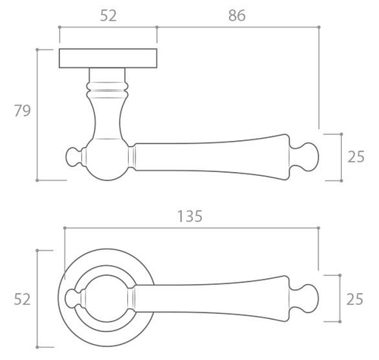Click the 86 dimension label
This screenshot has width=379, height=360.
(236, 15)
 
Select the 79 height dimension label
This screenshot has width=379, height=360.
(22, 111)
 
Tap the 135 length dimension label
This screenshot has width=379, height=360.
(189, 216)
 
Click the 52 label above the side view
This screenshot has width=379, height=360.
(108, 15)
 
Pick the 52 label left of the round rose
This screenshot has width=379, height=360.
(22, 299)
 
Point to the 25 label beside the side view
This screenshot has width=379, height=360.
(356, 157)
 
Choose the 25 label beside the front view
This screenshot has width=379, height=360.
(355, 299)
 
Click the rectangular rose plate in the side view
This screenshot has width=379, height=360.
(108, 58)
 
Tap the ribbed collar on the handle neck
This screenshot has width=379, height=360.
(107, 90)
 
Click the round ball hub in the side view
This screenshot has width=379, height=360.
(107, 159)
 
